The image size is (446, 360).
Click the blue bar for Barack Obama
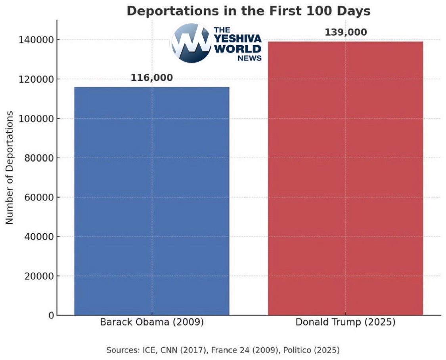[x=151, y=201]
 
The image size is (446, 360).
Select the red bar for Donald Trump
[x=345, y=178]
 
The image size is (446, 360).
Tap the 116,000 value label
[x=152, y=78]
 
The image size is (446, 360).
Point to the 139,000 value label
[x=346, y=32]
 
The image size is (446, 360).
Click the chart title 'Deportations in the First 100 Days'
[x=249, y=11]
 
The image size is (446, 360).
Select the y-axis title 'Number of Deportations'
[x=10, y=168]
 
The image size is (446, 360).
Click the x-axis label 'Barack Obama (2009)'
[x=152, y=322]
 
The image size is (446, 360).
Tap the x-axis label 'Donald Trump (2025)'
[x=345, y=322]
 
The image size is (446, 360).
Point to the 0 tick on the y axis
[x=51, y=315]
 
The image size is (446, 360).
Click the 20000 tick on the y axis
[x=39, y=276]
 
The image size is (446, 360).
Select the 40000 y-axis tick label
[x=39, y=236]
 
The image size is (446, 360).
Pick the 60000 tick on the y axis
[x=39, y=197]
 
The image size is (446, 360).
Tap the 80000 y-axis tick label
[x=39, y=158]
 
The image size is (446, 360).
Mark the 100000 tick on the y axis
[x=36, y=118]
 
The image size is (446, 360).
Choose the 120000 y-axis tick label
[x=36, y=79]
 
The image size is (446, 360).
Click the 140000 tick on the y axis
[x=36, y=40]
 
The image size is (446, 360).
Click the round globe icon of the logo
[x=191, y=43]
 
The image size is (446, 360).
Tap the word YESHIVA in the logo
[x=237, y=39]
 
